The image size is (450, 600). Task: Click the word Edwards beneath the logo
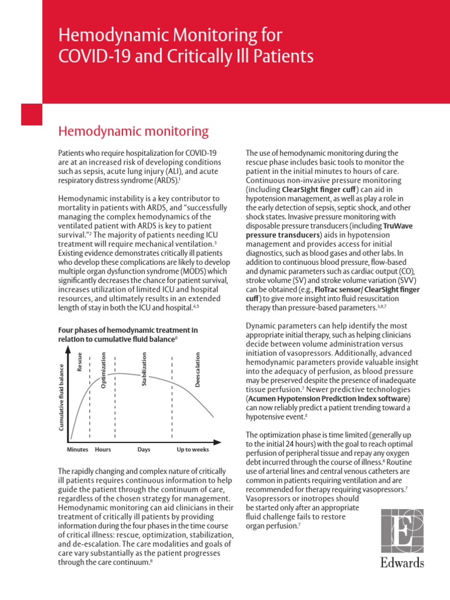click(402, 564)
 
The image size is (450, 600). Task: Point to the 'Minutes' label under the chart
click(77, 449)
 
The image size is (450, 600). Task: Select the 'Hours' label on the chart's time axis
click(103, 449)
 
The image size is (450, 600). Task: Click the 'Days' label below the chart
click(144, 449)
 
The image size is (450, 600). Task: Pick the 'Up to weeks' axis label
click(192, 449)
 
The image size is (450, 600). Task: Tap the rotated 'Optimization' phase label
click(104, 369)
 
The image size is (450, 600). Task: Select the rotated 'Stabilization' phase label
click(144, 369)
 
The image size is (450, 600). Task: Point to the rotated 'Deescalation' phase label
click(197, 369)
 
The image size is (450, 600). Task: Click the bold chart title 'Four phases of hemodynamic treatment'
click(127, 330)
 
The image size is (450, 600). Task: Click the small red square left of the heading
click(32, 114)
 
